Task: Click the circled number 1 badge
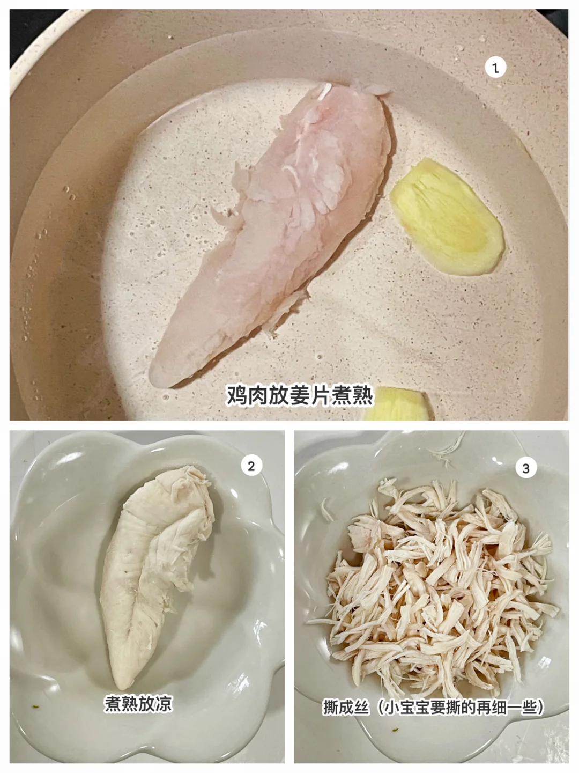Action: coord(495,68)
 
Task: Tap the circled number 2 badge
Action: coord(251,466)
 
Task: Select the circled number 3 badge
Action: coord(526,468)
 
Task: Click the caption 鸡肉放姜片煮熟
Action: coord(299,396)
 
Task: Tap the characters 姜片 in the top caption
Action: coord(309,396)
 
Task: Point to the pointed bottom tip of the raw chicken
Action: coord(155,382)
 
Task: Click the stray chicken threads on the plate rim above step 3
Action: coord(447,447)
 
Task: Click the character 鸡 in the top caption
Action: coord(236,396)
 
